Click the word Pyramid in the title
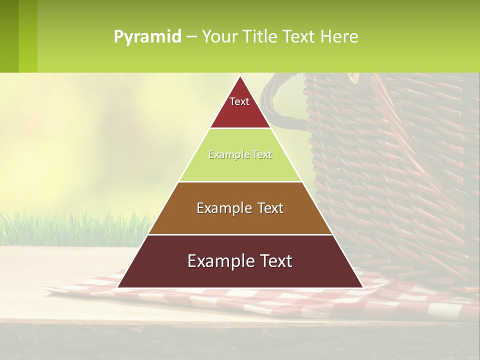tap(147, 36)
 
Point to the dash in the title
tap(191, 37)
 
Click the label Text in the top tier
tap(239, 101)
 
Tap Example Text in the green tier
tap(240, 155)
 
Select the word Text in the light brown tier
tap(267, 208)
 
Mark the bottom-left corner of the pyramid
tap(118, 287)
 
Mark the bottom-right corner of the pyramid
tap(362, 287)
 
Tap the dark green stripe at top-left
tap(9, 36)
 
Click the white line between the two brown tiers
tap(240, 234)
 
